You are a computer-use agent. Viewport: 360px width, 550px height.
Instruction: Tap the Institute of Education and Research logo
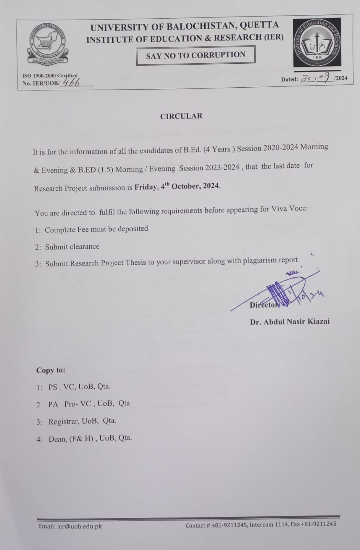(317, 42)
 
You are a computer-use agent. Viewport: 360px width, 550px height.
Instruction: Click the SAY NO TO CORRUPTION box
(195, 55)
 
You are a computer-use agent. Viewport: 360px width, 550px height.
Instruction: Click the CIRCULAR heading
(181, 116)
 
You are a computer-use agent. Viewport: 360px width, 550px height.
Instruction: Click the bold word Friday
(146, 187)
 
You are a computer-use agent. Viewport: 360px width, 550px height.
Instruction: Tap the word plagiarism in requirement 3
(260, 261)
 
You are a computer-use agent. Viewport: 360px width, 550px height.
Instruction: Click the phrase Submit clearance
(72, 246)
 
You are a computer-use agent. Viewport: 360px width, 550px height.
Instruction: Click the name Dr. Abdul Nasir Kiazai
(290, 322)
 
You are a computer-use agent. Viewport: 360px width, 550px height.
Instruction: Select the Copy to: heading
(50, 370)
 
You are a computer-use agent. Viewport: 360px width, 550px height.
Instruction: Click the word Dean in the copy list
(57, 439)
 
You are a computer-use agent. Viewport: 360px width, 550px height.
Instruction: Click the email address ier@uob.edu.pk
(79, 526)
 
